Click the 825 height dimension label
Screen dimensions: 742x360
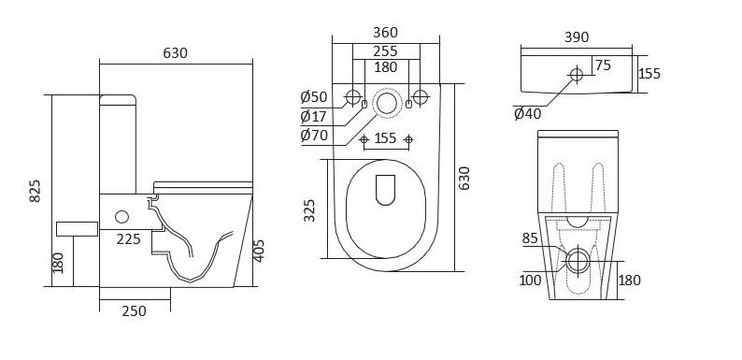coord(35,191)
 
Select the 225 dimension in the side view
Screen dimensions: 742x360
coord(129,239)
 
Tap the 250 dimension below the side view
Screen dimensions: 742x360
coord(135,311)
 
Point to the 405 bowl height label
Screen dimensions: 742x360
coord(259,251)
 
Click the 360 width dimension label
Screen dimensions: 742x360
coord(386,32)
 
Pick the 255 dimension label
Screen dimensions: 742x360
coord(386,50)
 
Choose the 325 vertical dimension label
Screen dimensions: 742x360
coord(309,210)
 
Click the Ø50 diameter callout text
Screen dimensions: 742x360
coord(314,97)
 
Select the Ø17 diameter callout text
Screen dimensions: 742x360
coord(314,116)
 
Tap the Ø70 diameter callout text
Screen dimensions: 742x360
coord(314,136)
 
